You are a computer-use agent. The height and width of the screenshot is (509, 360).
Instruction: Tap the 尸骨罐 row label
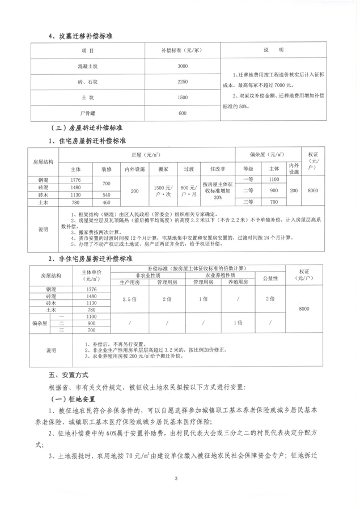click(86, 113)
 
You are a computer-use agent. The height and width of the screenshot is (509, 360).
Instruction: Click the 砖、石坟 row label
click(86, 82)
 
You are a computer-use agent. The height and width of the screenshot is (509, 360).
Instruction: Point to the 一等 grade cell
click(248, 180)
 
